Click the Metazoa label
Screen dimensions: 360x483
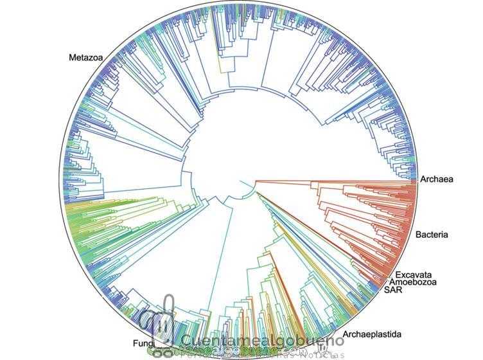(86, 58)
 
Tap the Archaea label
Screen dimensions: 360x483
(437, 179)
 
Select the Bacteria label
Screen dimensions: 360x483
(431, 235)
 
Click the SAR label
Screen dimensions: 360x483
(393, 290)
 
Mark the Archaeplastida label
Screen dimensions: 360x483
(372, 334)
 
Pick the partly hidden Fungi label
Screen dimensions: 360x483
(142, 343)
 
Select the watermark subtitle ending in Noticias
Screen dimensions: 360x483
(263, 354)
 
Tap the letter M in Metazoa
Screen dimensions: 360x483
(73, 58)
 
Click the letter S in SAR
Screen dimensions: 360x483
(387, 290)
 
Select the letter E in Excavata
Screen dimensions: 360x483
(398, 275)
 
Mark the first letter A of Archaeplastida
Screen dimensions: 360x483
(346, 334)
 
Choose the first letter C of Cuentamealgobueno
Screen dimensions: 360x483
(186, 341)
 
